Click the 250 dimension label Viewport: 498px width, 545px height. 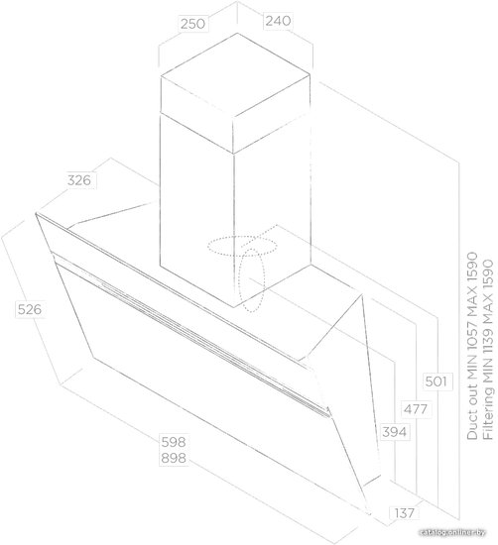[x=192, y=24]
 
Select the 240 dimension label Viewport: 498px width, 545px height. [x=278, y=21]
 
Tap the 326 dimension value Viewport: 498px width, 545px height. [x=79, y=180]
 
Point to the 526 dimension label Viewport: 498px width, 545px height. [x=30, y=309]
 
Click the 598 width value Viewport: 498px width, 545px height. [x=174, y=442]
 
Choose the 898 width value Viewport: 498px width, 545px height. [x=174, y=458]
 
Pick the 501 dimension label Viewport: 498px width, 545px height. [x=436, y=381]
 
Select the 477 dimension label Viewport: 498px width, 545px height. [x=416, y=409]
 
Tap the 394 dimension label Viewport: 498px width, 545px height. [x=394, y=432]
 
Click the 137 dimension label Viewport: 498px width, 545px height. [x=404, y=513]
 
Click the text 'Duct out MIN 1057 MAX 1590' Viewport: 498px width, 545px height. [x=472, y=346]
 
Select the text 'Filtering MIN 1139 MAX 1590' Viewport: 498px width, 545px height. [x=488, y=350]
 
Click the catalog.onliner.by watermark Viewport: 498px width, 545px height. [x=452, y=532]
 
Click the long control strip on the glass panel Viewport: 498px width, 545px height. [x=215, y=348]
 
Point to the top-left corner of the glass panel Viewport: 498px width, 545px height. [x=36, y=213]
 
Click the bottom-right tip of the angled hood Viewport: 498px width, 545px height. [x=370, y=513]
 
